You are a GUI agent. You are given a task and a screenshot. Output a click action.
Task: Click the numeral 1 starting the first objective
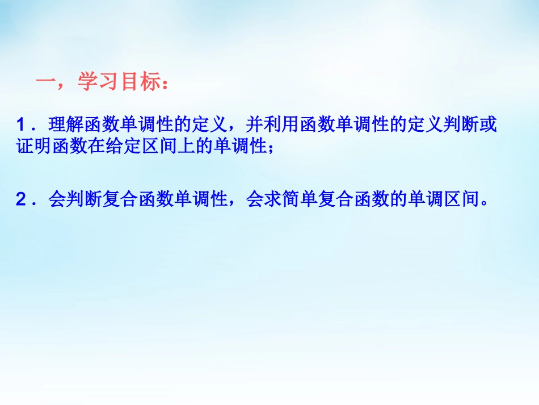click(x=21, y=124)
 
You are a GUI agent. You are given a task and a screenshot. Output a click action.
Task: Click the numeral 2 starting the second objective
click(x=21, y=201)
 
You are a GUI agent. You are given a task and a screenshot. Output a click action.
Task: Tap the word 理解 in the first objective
click(x=65, y=124)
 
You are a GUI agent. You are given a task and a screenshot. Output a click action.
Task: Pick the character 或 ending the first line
click(x=489, y=124)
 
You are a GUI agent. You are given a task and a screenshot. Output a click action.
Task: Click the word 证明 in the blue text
click(x=32, y=147)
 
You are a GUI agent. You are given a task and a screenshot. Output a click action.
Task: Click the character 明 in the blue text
click(x=40, y=147)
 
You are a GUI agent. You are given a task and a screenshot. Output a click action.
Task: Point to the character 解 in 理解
click(x=73, y=124)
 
